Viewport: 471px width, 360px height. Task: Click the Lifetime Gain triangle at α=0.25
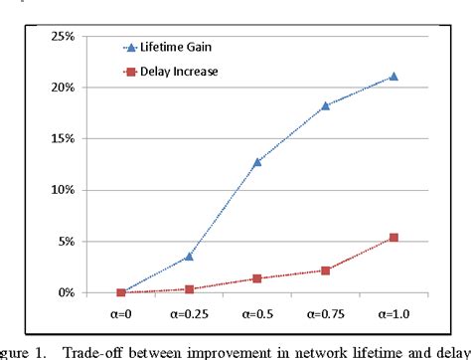(x=189, y=257)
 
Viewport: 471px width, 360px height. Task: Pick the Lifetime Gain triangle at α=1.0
(x=393, y=76)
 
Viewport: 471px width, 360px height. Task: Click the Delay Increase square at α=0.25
(x=189, y=289)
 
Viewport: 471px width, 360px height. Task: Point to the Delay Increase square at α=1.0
(x=393, y=238)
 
